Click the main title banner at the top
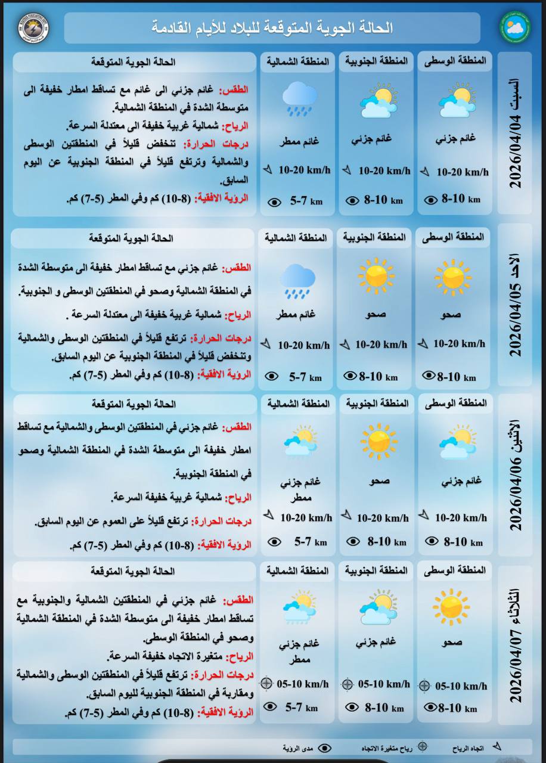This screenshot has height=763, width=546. (x=272, y=27)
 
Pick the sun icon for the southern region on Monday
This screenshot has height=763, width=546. (x=379, y=442)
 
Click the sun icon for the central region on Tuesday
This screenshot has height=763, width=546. (x=451, y=607)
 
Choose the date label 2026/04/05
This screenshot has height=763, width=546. (x=515, y=321)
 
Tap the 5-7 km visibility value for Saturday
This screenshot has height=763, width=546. (x=306, y=201)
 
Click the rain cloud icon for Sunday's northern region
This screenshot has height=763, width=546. (x=297, y=281)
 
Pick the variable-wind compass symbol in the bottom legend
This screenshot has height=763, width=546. (x=422, y=746)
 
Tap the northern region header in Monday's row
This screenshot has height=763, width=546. (x=298, y=404)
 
